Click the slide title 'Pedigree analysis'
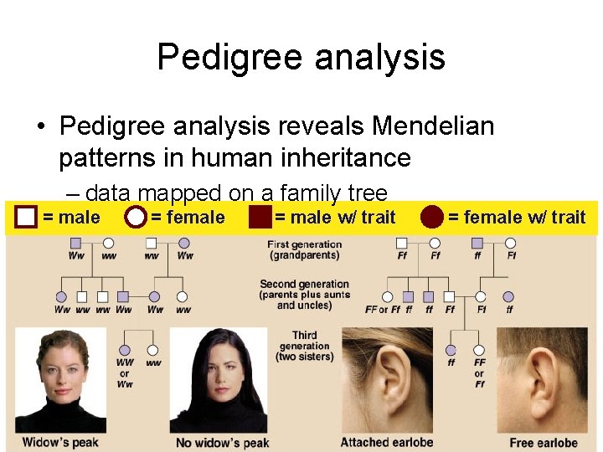tap(301, 57)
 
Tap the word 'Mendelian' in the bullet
tap(433, 126)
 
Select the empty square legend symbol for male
tap(27, 218)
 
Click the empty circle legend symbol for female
tap(135, 218)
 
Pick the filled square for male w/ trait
tap(260, 218)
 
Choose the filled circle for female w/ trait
tap(432, 218)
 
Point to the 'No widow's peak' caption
tap(222, 442)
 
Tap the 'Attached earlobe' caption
tap(388, 442)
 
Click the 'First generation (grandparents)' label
tap(305, 249)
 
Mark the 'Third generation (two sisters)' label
tap(305, 346)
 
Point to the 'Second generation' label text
tap(305, 285)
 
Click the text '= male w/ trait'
tap(335, 218)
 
